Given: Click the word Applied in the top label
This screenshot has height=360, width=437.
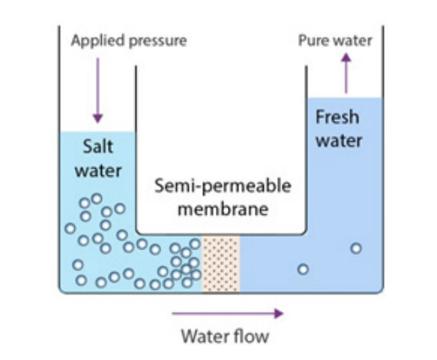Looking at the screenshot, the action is tap(98, 41).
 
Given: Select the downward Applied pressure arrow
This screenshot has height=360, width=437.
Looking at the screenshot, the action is tap(98, 90).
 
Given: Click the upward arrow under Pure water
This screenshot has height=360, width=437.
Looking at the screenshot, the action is tap(346, 73).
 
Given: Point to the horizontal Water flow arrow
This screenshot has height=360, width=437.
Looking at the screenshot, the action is tap(228, 313).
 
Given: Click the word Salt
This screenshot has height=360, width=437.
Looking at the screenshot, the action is tap(98, 146).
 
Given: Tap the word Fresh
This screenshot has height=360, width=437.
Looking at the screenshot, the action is tap(337, 117).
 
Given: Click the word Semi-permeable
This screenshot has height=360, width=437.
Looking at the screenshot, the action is tap(223, 186).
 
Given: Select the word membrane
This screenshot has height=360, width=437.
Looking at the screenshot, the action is tap(223, 209).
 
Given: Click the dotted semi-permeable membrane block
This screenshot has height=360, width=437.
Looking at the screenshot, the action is tap(221, 264).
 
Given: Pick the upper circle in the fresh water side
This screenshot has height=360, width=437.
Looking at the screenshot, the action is tap(356, 248).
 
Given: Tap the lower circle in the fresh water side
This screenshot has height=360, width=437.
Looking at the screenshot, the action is tap(303, 270).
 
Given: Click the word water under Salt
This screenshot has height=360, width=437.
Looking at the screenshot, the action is tap(98, 171).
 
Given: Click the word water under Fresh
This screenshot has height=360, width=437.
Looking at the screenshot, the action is tap(339, 140).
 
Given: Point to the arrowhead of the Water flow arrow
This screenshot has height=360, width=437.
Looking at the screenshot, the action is tap(279, 313).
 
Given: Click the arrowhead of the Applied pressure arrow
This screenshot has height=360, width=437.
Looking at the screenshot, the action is tap(98, 119).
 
